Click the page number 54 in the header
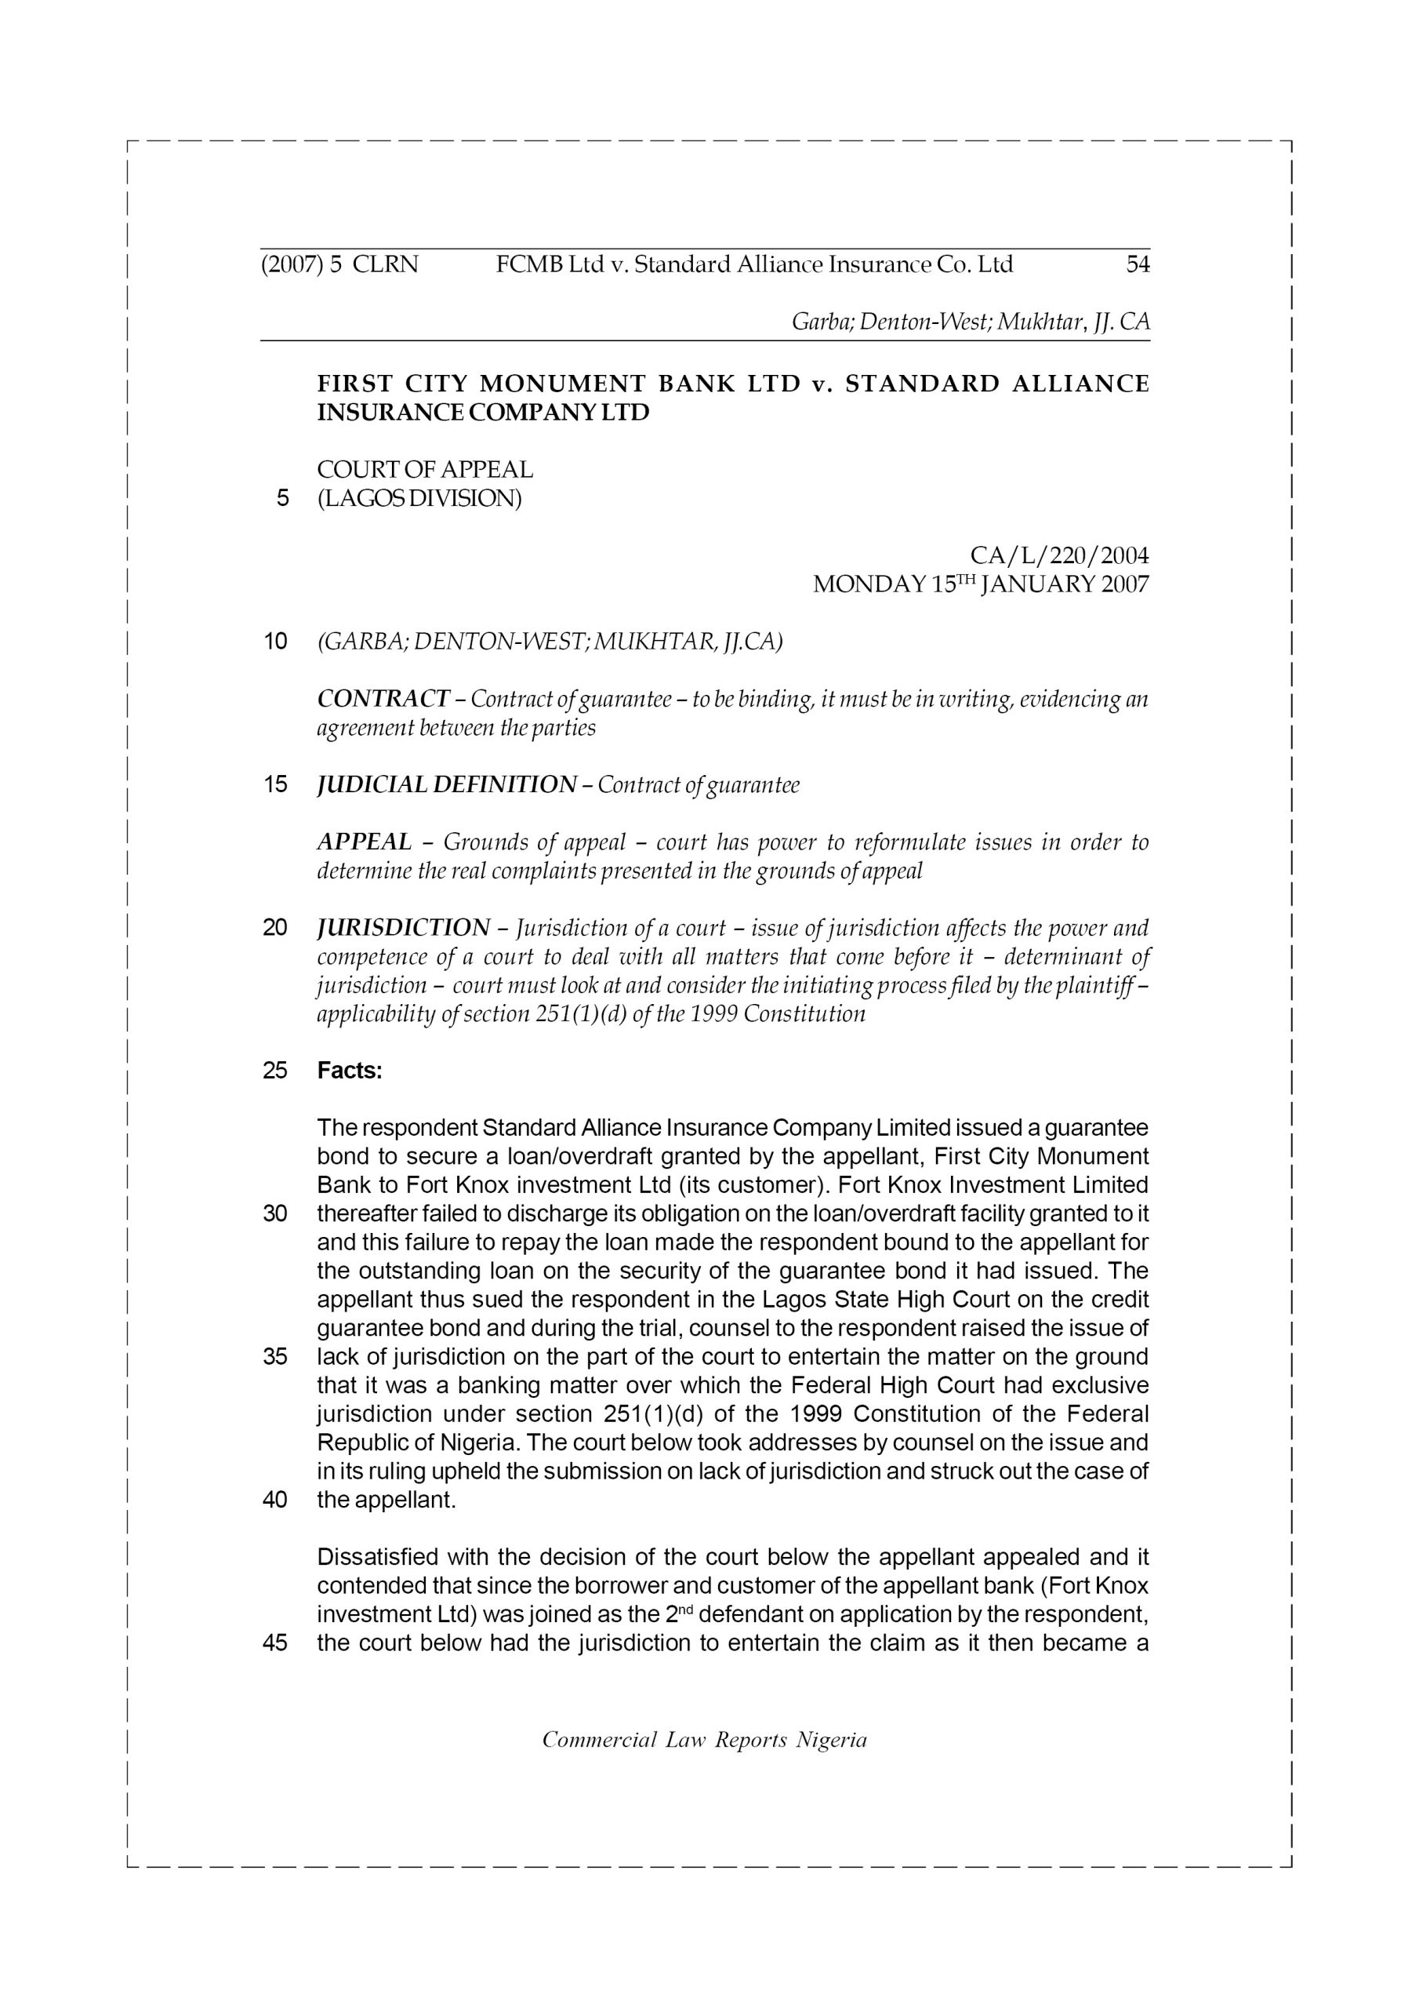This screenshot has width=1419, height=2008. tap(1138, 264)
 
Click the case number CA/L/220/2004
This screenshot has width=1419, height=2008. tap(1059, 555)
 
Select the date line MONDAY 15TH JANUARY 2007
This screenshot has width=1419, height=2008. tap(980, 584)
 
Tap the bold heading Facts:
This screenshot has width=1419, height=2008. tap(350, 1071)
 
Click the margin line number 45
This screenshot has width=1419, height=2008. tap(274, 1642)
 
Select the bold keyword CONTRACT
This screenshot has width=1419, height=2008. tap(383, 699)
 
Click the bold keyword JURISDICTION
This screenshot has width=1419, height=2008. tap(403, 927)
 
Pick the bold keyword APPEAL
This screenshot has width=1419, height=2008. tap(364, 842)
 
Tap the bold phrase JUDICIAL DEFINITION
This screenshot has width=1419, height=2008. tap(446, 784)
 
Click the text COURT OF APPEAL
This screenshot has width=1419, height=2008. tap(425, 470)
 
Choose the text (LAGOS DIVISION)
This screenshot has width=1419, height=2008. tap(419, 499)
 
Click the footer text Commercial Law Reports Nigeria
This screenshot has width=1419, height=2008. tap(704, 1740)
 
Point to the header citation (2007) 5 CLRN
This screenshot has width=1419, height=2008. tap(339, 264)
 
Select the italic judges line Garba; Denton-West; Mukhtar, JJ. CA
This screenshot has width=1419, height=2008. tap(970, 322)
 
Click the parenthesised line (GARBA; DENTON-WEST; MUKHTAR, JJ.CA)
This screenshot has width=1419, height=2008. tap(549, 642)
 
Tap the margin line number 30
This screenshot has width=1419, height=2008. tap(274, 1214)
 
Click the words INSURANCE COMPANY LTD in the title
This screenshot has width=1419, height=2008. tap(483, 412)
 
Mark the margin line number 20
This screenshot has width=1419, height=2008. tap(274, 927)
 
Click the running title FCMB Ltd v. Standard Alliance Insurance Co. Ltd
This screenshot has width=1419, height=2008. tap(753, 264)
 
